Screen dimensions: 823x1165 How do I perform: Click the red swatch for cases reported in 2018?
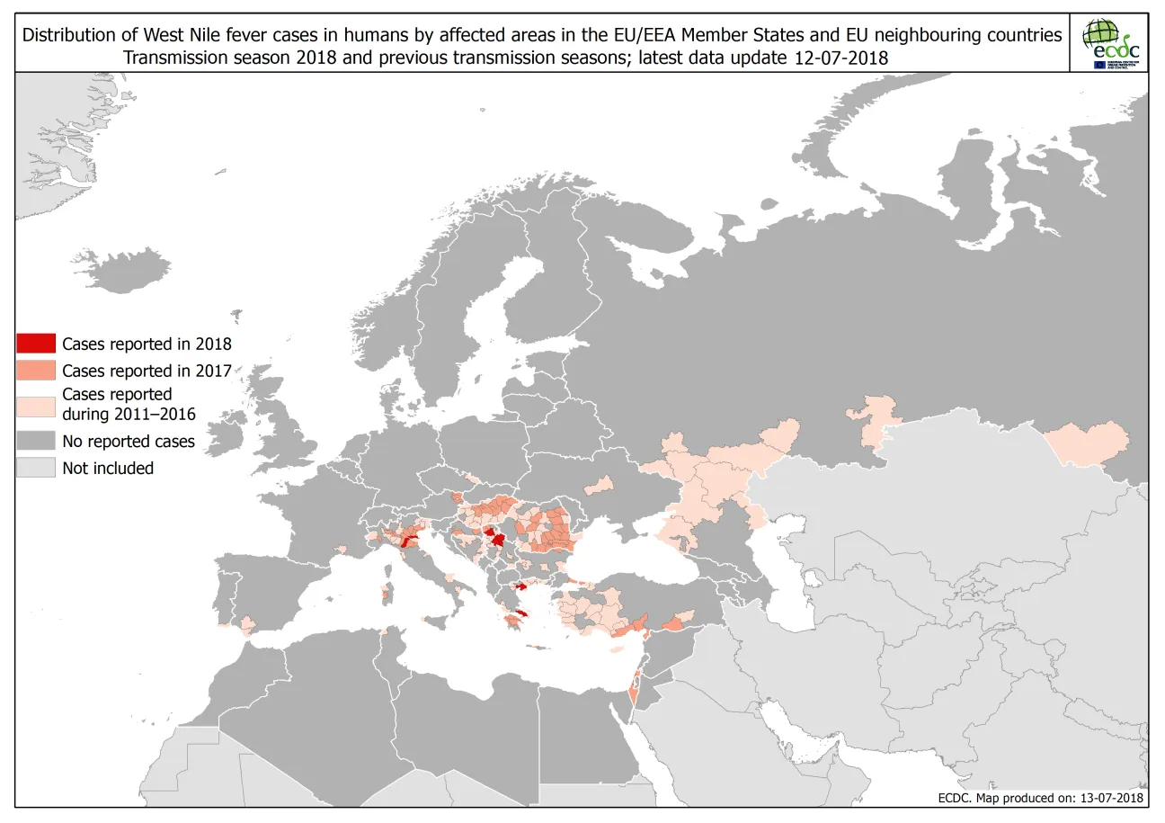35,344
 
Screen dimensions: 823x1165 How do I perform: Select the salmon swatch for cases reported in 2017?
35,371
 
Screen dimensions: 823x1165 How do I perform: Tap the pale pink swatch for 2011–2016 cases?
35,404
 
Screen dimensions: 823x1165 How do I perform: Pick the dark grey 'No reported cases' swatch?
35,442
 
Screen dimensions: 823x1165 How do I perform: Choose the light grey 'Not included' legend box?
35,468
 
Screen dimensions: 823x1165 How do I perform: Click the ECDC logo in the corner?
1111,43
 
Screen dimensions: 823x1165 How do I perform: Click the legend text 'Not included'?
108,468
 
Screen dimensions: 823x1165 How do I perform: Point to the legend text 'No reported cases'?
129,442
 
